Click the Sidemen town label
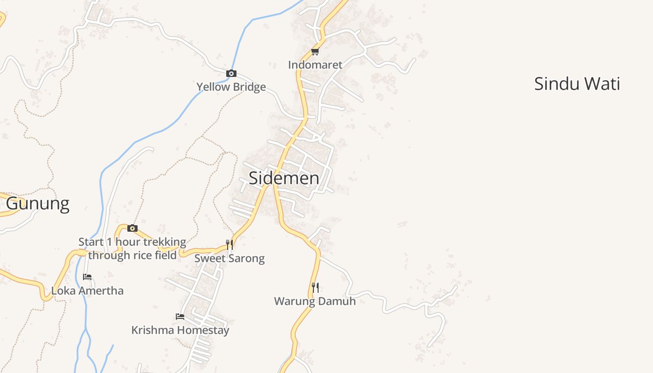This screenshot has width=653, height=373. click(284, 178)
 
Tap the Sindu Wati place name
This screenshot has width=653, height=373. click(577, 84)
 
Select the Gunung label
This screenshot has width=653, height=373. click(38, 204)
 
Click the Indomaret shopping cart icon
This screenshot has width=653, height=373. click(315, 51)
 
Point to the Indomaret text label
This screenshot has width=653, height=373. click(315, 65)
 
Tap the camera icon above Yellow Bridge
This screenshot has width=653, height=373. click(231, 73)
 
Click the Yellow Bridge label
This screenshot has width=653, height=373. click(231, 87)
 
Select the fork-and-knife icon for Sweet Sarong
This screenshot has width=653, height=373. click(229, 244)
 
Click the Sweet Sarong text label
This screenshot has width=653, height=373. click(229, 258)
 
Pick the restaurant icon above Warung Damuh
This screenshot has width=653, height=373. click(315, 287)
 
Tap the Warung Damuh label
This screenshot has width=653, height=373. click(315, 301)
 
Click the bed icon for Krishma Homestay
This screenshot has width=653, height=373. click(180, 317)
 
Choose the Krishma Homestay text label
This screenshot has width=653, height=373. click(180, 331)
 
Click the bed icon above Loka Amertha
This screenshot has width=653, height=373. click(87, 277)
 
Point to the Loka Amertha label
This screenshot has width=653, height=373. click(87, 291)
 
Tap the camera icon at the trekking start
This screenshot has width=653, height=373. click(132, 228)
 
